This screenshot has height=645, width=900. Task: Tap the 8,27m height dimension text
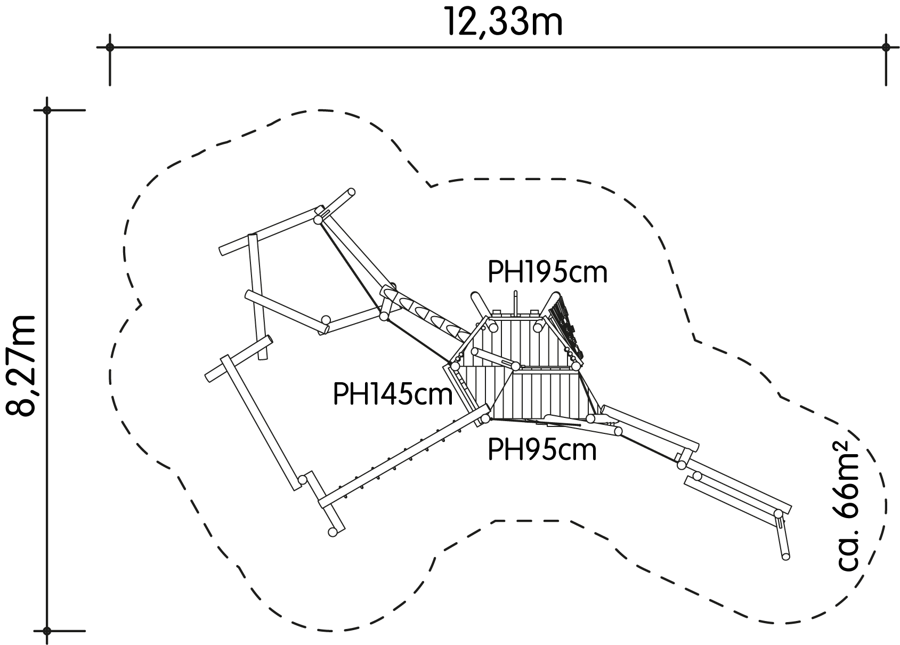[21, 366]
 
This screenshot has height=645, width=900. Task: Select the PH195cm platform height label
[547, 272]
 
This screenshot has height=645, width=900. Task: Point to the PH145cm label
[393, 394]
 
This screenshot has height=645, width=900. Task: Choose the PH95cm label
[542, 450]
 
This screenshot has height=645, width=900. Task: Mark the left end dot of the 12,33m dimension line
[110, 47]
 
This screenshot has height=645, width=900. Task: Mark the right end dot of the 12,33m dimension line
[886, 47]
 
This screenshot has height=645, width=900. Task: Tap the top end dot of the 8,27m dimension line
[47, 110]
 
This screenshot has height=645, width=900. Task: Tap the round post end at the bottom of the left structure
[333, 532]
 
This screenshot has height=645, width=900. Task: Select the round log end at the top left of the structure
[352, 192]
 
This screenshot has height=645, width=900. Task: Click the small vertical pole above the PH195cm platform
[515, 303]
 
